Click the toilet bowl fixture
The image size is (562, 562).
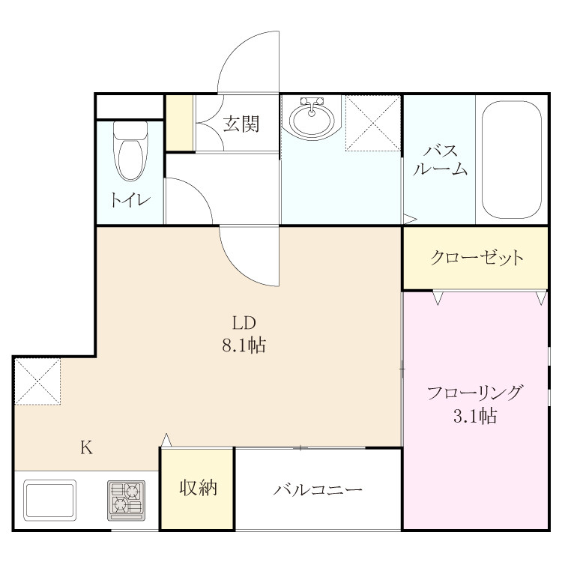click(x=130, y=151)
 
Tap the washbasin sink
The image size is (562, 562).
click(x=312, y=118)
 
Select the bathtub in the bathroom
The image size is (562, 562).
click(x=512, y=160)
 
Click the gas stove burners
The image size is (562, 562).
click(x=126, y=501)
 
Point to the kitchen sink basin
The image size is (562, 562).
click(x=49, y=500)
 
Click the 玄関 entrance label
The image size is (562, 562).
click(x=241, y=124)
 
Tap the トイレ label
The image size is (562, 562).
click(x=130, y=199)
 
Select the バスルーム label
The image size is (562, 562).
click(x=440, y=160)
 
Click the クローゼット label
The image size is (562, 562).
click(x=477, y=257)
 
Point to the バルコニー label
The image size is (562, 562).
click(x=318, y=489)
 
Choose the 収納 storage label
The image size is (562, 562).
click(x=199, y=488)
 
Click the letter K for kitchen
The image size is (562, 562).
click(x=86, y=447)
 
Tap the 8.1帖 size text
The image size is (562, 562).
click(x=244, y=345)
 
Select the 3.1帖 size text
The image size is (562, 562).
click(x=475, y=416)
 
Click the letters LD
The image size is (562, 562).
click(x=244, y=323)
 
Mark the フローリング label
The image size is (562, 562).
click(x=475, y=393)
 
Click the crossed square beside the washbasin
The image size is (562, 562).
click(x=372, y=123)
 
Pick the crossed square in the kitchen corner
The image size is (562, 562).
click(x=37, y=381)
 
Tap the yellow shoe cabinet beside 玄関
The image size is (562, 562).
click(x=180, y=123)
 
